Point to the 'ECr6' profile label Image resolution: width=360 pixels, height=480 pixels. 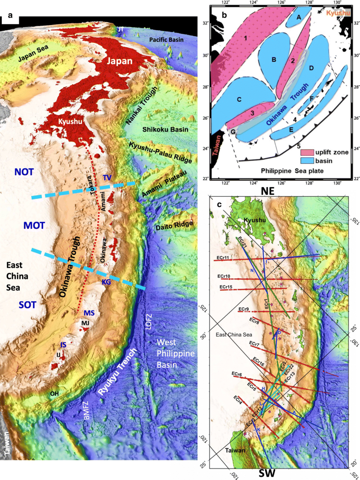(x=237, y=375)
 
